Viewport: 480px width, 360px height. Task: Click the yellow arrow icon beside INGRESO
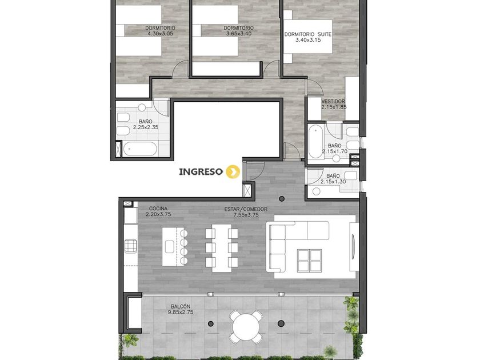click(233, 172)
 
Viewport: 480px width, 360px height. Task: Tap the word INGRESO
click(201, 172)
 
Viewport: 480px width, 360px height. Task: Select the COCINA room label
click(158, 209)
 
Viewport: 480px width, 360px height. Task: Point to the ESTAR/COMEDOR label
click(246, 209)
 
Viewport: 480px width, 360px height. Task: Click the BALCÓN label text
click(181, 306)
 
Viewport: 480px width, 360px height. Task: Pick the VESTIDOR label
click(333, 101)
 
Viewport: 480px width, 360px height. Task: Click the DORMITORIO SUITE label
click(308, 34)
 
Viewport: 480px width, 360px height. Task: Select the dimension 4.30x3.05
click(161, 34)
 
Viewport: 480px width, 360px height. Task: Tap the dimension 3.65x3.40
click(239, 34)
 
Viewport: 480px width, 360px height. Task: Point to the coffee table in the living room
click(310, 260)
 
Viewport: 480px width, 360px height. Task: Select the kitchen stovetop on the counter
click(130, 246)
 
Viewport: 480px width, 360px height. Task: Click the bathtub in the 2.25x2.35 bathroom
click(140, 149)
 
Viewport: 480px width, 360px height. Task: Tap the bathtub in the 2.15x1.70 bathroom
click(315, 143)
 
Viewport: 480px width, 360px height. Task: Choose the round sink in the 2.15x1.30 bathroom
click(316, 191)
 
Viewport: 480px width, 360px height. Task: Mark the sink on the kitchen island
click(170, 246)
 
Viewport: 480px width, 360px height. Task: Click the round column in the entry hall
click(282, 199)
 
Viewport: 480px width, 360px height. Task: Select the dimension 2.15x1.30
click(333, 182)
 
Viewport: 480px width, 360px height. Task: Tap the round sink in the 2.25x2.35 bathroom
click(142, 107)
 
